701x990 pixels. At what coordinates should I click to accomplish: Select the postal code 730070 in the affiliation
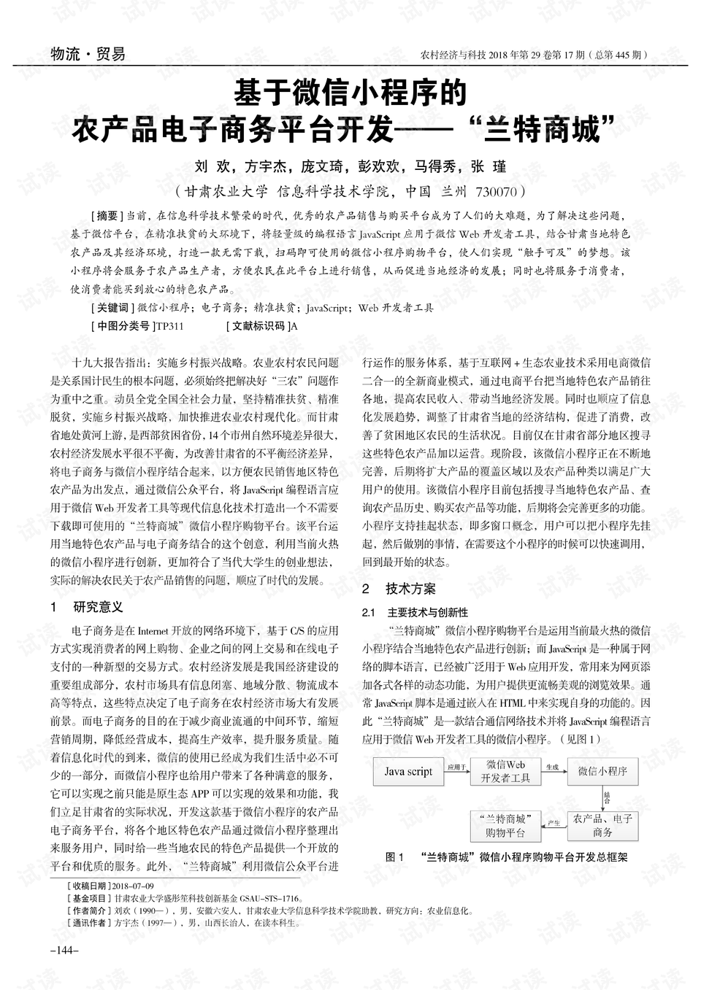click(496, 193)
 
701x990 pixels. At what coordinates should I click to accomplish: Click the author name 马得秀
click(437, 166)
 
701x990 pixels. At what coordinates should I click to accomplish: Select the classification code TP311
click(170, 326)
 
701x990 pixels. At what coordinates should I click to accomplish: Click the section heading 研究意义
click(98, 606)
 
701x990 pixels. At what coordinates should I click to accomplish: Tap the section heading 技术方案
click(410, 588)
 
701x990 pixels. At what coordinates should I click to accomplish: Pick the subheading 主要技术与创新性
click(428, 612)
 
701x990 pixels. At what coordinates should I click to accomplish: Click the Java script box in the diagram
click(408, 771)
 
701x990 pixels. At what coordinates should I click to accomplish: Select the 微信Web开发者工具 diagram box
click(505, 771)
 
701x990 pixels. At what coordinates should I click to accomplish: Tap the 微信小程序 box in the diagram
click(602, 771)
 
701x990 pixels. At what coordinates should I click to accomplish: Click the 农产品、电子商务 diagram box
click(602, 825)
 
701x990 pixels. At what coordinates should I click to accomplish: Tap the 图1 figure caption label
click(394, 857)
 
